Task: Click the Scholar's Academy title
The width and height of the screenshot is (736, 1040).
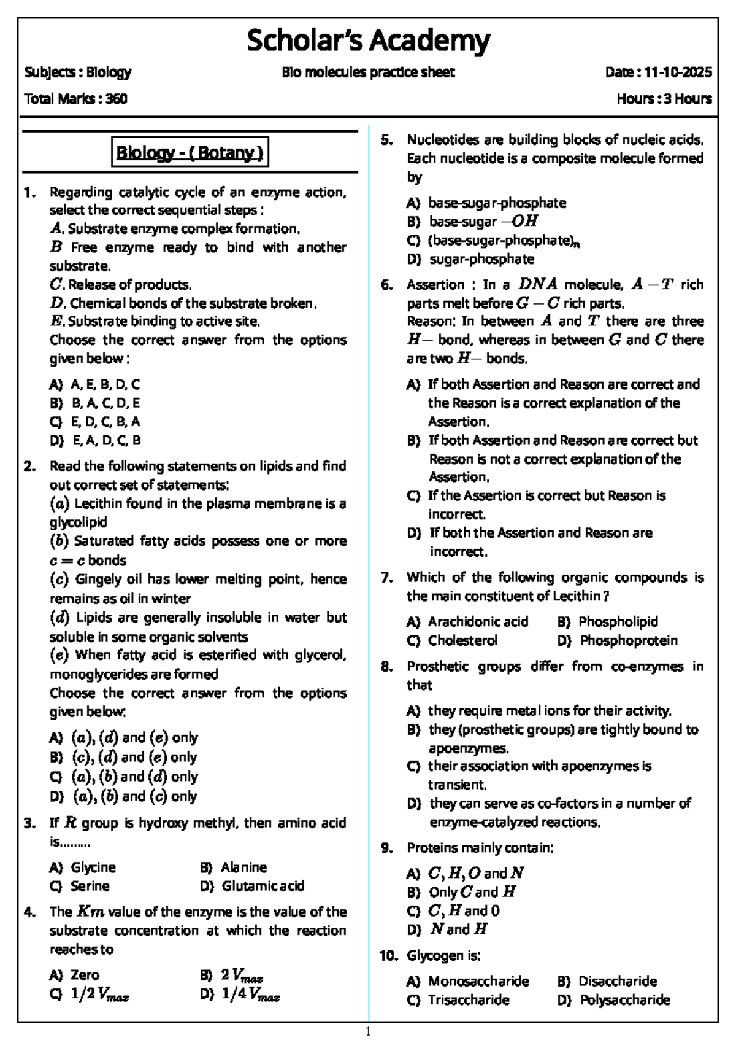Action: [x=368, y=41]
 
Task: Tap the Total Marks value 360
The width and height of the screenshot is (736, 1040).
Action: [x=117, y=98]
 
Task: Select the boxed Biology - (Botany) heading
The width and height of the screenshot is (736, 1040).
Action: [x=190, y=152]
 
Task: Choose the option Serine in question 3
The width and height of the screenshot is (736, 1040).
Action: [x=90, y=886]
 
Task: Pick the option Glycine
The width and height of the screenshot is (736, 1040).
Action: [x=93, y=867]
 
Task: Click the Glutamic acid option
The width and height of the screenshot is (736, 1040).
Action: [x=263, y=886]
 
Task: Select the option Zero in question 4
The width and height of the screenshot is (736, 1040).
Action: [x=85, y=975]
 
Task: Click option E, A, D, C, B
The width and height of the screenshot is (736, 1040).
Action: [x=107, y=440]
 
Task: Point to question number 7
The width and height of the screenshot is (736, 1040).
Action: [x=386, y=578]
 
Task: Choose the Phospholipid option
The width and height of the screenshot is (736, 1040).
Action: [x=618, y=622]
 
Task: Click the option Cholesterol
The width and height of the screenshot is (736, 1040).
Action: [x=462, y=640]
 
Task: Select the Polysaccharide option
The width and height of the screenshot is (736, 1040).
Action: [x=625, y=1000]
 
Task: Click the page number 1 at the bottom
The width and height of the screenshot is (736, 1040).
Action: [x=368, y=1031]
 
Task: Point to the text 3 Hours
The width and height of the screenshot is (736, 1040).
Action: [x=686, y=98]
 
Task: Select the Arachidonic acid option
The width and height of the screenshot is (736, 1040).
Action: [x=478, y=622]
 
